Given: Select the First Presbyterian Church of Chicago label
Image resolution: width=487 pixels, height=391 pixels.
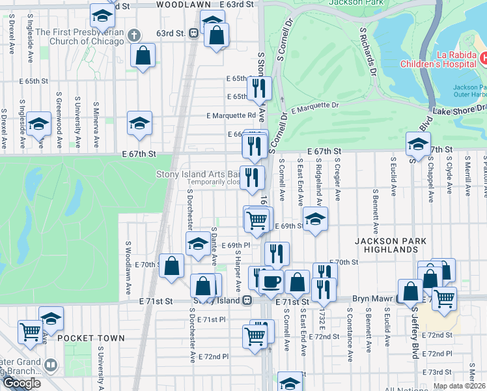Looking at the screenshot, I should click(x=79, y=36).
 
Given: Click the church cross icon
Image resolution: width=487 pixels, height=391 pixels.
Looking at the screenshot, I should click(x=134, y=35).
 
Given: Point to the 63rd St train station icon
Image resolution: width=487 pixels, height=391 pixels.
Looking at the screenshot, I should click(x=193, y=33).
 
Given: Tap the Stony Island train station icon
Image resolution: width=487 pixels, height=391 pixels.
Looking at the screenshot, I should click(x=247, y=300).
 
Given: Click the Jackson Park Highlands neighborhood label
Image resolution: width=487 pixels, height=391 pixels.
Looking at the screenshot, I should click(x=391, y=246).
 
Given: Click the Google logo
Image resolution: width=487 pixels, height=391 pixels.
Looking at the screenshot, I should click(x=21, y=383).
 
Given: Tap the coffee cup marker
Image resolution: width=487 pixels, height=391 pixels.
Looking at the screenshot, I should click(x=271, y=281).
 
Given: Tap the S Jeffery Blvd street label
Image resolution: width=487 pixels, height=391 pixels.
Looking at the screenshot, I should click(x=414, y=332).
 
